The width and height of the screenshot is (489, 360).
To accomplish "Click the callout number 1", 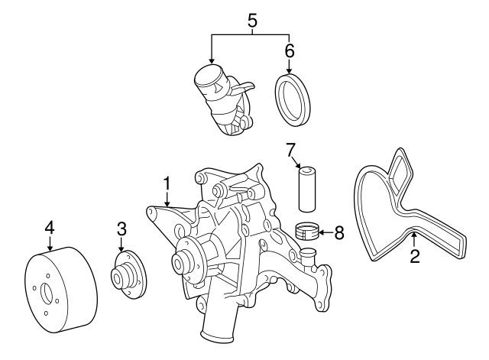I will pos(166,183).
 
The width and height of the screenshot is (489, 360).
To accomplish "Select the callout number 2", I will pos(415,258).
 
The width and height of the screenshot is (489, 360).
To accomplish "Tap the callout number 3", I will pos(121,229).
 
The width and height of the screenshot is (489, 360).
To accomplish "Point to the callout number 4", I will pos(49,227).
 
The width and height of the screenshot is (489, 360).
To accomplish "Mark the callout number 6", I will pos(289,51).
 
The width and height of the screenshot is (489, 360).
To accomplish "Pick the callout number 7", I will pos(290,150).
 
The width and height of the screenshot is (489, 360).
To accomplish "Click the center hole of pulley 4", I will pos(45,293).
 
